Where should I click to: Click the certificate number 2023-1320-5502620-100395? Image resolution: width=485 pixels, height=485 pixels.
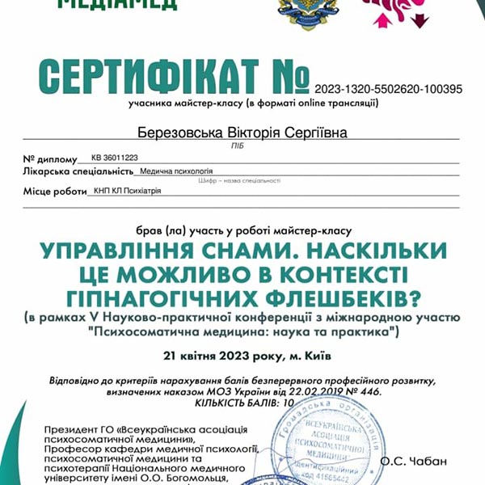pos(388,90)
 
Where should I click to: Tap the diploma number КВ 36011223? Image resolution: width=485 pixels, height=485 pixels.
pos(115,158)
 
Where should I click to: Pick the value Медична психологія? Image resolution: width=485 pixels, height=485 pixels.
pos(176,171)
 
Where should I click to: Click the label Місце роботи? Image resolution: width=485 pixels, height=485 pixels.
pos(54,191)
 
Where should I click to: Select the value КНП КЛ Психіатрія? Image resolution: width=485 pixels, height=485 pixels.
pos(128,191)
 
